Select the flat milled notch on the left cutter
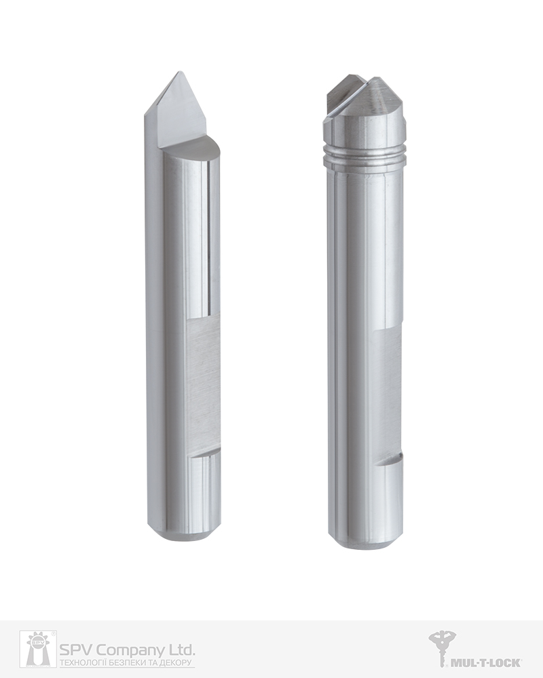[x=204, y=386]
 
